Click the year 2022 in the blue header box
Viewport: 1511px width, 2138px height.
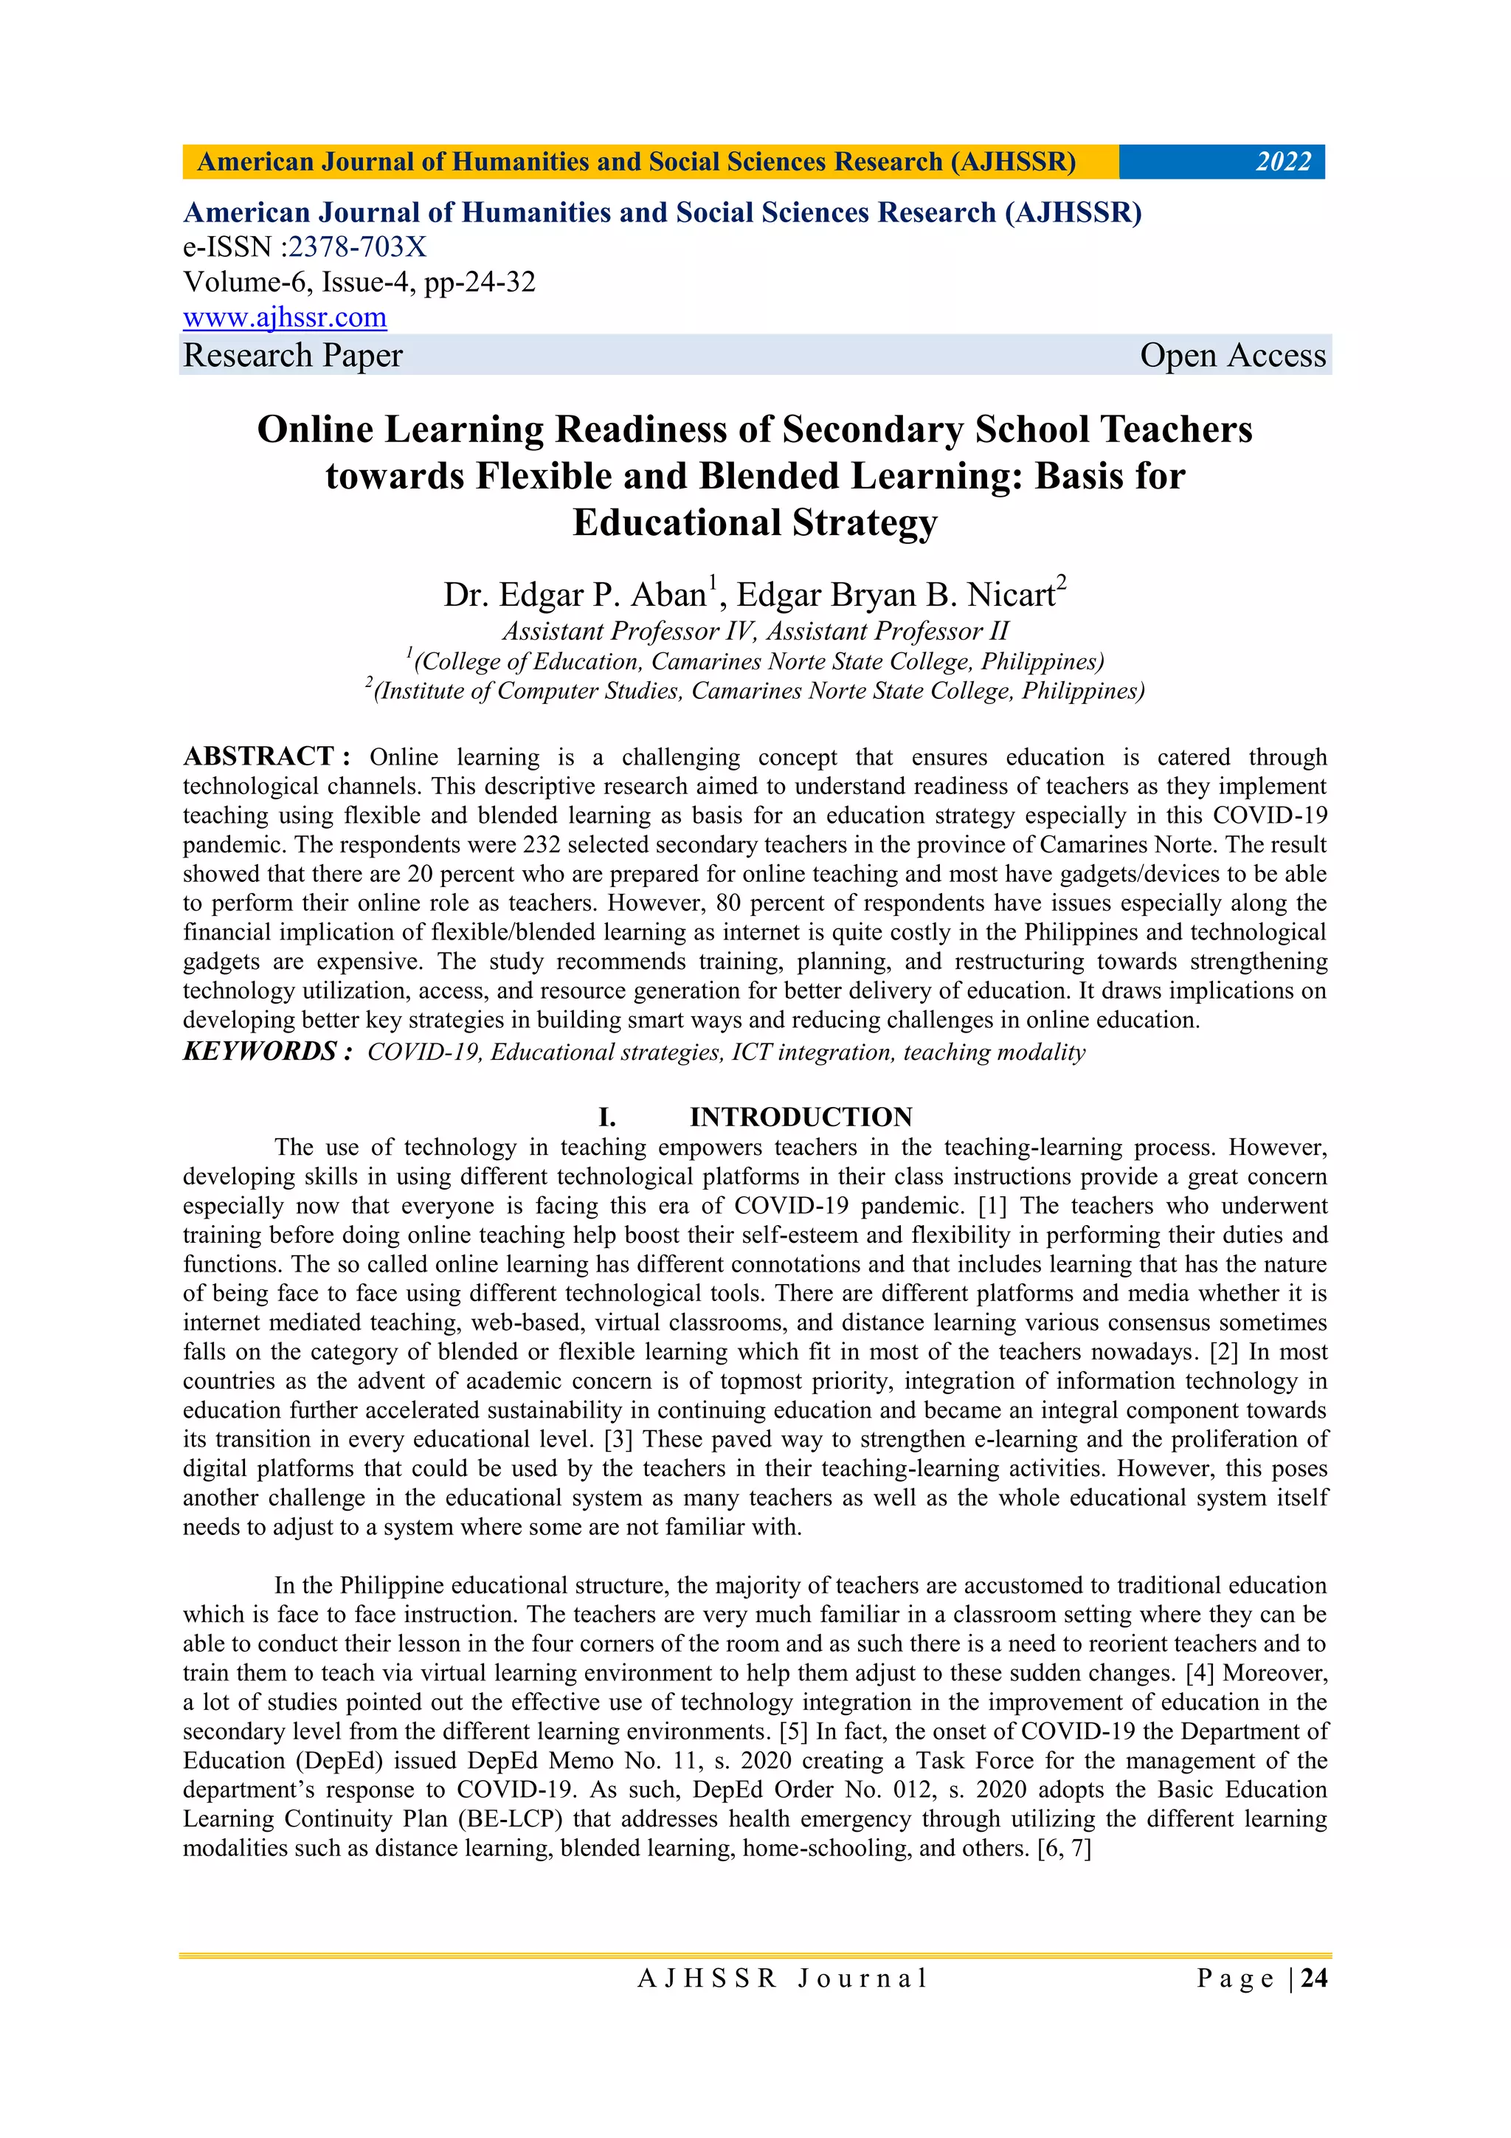point(1282,162)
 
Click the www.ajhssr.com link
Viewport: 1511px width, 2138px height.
point(285,317)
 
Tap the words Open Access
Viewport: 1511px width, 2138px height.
point(1231,356)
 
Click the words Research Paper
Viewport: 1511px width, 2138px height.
point(292,356)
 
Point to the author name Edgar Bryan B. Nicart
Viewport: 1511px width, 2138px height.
point(896,595)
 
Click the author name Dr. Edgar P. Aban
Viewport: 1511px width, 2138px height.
point(575,595)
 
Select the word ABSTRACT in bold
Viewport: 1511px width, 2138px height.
point(259,756)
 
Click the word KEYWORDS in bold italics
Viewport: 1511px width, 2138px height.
point(260,1052)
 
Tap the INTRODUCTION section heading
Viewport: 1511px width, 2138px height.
point(801,1117)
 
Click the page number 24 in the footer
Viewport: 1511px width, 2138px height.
point(1313,1978)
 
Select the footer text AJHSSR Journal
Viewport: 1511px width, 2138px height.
point(782,1979)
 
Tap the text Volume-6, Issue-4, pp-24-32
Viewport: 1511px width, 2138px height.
point(359,282)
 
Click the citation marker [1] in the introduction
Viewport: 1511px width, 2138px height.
point(992,1206)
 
